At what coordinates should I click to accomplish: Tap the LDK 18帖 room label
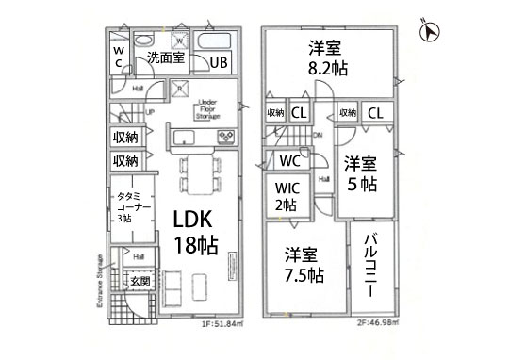pyautogui.click(x=195, y=230)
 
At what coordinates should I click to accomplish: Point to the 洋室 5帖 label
pyautogui.click(x=360, y=172)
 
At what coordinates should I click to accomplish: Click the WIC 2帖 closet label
pyautogui.click(x=286, y=195)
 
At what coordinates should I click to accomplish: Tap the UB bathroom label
pyautogui.click(x=218, y=63)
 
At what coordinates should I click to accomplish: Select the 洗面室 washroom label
pyautogui.click(x=166, y=58)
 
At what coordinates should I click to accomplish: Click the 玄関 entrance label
pyautogui.click(x=140, y=281)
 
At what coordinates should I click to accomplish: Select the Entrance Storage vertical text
pyautogui.click(x=99, y=284)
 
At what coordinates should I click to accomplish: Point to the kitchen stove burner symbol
pyautogui.click(x=227, y=138)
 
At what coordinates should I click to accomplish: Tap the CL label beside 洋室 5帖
pyautogui.click(x=375, y=113)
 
